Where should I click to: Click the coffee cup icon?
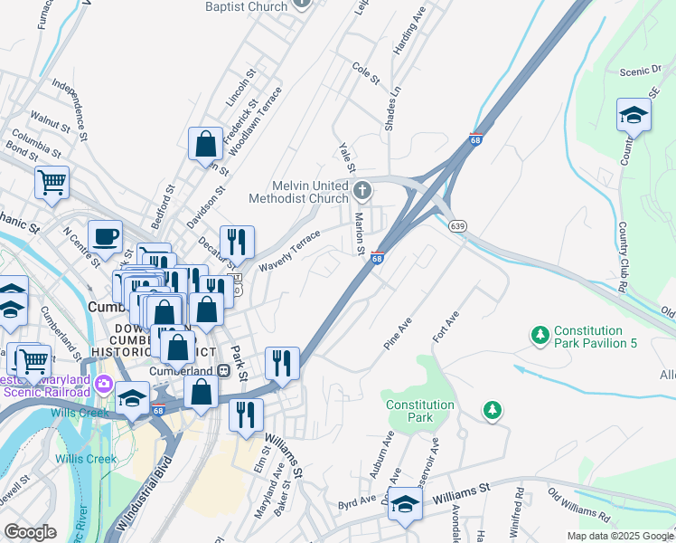(105, 237)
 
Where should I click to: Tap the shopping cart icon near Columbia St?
(52, 181)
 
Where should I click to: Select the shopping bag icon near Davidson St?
(205, 143)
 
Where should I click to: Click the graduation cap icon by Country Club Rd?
(634, 115)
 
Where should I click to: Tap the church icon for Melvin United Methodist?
(362, 190)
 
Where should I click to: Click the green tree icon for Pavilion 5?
(540, 336)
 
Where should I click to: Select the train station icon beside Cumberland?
(222, 371)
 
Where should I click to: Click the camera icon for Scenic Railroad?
(104, 384)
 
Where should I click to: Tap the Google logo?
(31, 532)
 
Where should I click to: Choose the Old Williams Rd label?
(579, 509)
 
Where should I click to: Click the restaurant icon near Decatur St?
(237, 242)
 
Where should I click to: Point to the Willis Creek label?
(86, 459)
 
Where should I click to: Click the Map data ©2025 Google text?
(619, 536)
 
